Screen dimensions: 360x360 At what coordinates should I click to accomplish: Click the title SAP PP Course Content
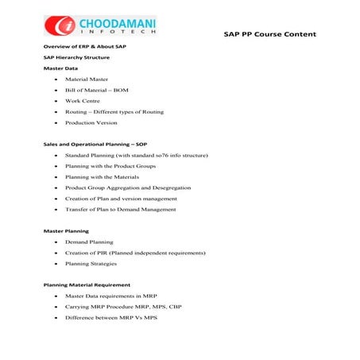tap(269, 34)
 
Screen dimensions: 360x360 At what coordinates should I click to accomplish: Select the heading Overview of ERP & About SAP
tap(84, 48)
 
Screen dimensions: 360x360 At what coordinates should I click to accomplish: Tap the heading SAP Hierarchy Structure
tap(76, 58)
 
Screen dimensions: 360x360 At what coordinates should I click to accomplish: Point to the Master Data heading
tap(60, 69)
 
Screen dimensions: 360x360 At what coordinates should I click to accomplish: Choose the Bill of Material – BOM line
tap(97, 91)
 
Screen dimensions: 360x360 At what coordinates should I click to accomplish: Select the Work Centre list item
tap(83, 102)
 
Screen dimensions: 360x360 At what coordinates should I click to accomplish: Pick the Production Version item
tap(91, 123)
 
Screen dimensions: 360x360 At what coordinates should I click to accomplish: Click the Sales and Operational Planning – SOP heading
tap(95, 144)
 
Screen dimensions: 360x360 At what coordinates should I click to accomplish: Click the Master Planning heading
tap(66, 230)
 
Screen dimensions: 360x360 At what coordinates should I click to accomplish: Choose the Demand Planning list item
tap(89, 242)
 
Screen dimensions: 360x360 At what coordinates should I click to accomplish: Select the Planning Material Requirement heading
tap(87, 285)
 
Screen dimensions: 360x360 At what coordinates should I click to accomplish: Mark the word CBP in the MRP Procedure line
tap(174, 306)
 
